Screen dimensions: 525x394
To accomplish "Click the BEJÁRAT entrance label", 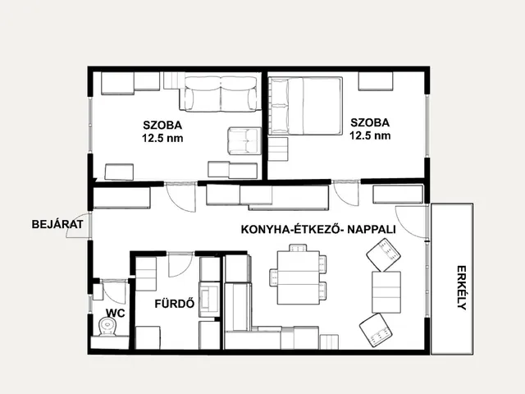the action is click(57, 224).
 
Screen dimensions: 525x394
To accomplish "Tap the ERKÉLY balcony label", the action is click(462, 287).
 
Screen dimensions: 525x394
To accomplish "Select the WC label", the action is click(116, 314).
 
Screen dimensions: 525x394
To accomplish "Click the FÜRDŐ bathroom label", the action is click(175, 304).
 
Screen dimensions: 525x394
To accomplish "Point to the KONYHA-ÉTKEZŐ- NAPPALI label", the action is click(318, 230).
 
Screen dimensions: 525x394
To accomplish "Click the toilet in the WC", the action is click(107, 327).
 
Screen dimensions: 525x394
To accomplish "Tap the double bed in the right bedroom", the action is click(305, 106).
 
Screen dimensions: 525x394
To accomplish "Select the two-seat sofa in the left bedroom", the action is click(221, 94).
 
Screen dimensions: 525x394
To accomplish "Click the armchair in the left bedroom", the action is click(244, 140).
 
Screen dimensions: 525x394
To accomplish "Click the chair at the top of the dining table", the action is click(298, 248).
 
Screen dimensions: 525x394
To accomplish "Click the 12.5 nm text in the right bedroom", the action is click(370, 135).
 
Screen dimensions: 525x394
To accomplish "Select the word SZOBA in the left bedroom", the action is click(162, 125).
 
